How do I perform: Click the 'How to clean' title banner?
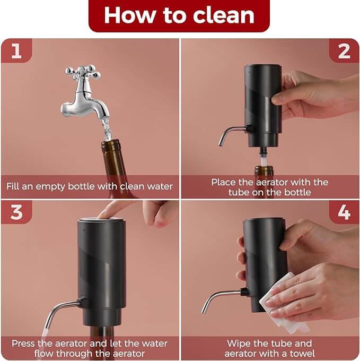pyautogui.click(x=179, y=15)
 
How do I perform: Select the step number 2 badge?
pyautogui.click(x=344, y=51)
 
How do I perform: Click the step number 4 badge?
pyautogui.click(x=344, y=212)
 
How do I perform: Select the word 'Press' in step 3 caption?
pyautogui.click(x=24, y=343)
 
